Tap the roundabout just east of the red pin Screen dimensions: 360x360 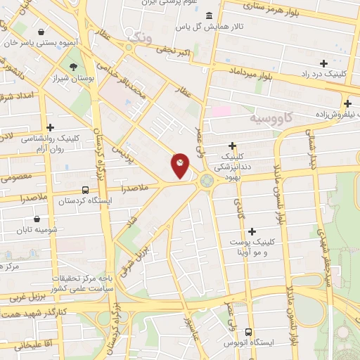206,181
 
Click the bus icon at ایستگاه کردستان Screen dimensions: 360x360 85,190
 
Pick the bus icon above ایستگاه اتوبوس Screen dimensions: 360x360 248,331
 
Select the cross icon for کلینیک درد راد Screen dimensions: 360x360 323,63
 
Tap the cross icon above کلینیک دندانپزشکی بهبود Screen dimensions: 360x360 231,146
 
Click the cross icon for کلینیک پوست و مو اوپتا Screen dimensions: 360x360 252,231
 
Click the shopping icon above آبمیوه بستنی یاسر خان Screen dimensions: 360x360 41,32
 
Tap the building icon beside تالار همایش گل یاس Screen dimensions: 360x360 208,15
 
